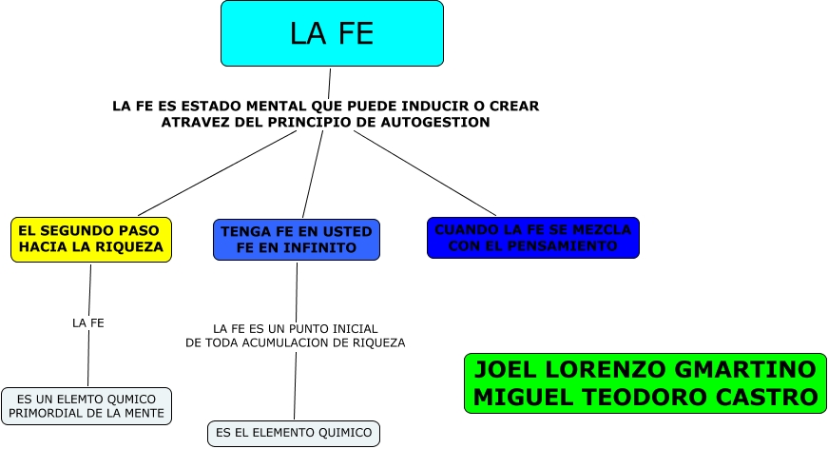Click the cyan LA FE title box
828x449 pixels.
(x=332, y=33)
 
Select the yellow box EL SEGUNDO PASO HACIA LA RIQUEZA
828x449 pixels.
(x=91, y=239)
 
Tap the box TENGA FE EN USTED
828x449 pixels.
(x=296, y=240)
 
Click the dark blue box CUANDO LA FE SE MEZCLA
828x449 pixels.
(x=532, y=238)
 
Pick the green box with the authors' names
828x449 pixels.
(x=645, y=383)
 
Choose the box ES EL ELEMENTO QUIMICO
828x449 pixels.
(x=293, y=434)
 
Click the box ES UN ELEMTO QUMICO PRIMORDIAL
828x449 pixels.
(x=87, y=405)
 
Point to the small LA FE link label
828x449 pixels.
(x=88, y=323)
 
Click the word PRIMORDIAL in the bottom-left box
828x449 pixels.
(x=49, y=414)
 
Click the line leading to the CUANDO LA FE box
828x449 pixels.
(x=425, y=173)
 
